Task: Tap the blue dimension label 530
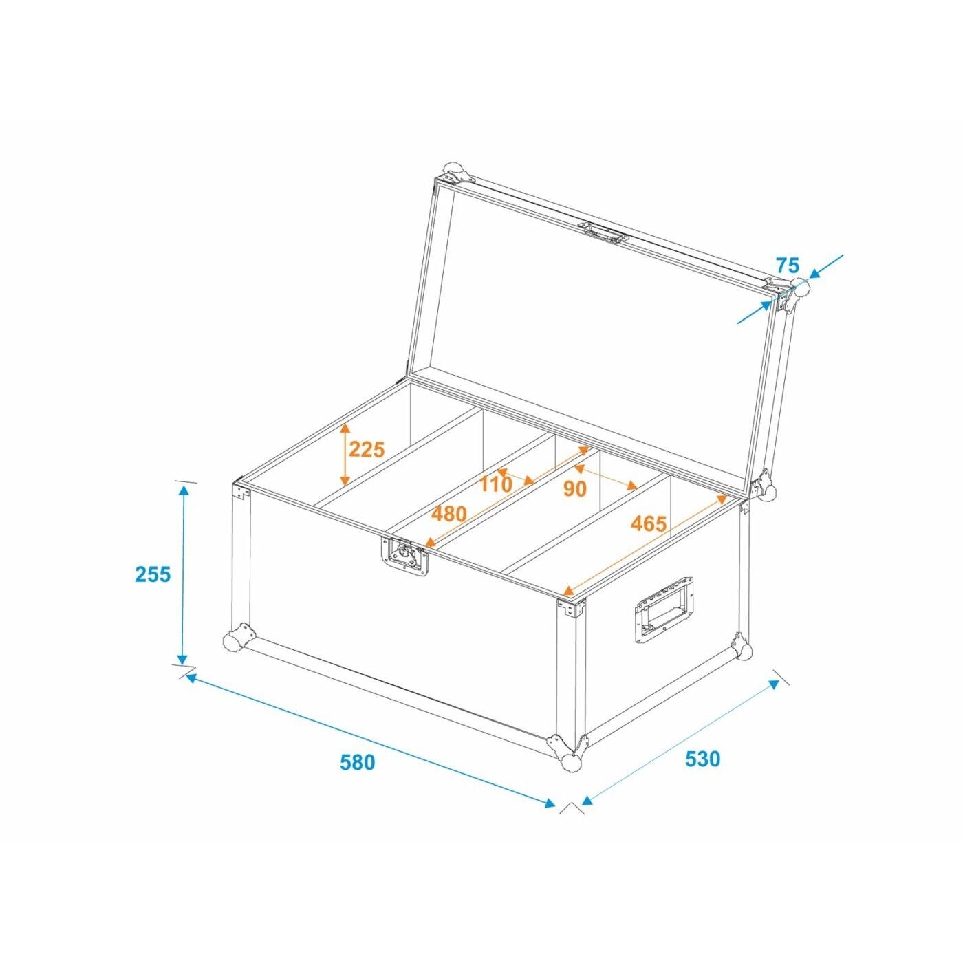(x=702, y=758)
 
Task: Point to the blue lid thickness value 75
(x=788, y=264)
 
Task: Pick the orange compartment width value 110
(x=496, y=484)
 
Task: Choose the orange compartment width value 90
(x=574, y=489)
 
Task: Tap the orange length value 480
(x=448, y=514)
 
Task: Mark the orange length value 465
(x=648, y=523)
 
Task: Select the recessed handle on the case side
(x=664, y=609)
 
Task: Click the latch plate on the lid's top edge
(x=603, y=232)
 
